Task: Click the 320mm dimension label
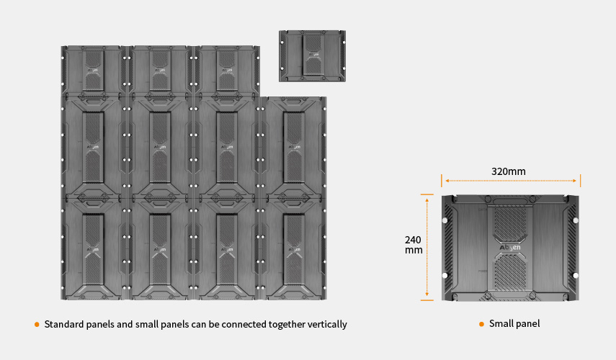(509, 171)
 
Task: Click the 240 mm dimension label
(414, 245)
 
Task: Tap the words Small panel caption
(514, 324)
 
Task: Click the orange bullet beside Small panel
(481, 324)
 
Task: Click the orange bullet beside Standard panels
(37, 325)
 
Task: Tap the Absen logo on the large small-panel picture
(510, 248)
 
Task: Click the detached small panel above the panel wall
(312, 56)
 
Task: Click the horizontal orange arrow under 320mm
(511, 181)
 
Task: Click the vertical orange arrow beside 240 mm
(427, 248)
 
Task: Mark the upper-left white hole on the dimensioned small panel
(445, 220)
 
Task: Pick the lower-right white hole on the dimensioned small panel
(576, 276)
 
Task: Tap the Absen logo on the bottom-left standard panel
(93, 249)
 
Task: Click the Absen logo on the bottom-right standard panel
(294, 249)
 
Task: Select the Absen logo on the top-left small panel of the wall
(93, 71)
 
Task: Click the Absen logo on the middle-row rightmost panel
(294, 147)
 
